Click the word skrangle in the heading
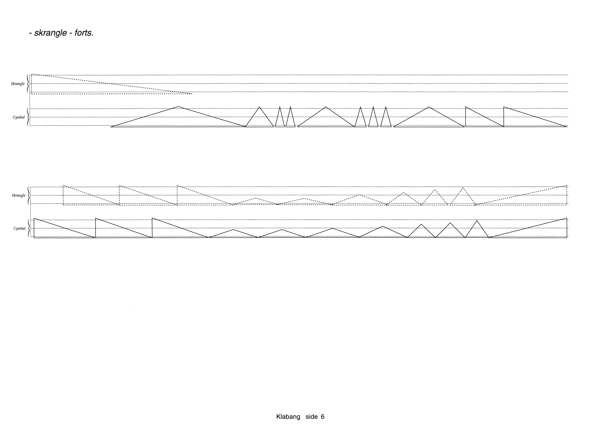(x=50, y=33)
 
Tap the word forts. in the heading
(x=84, y=33)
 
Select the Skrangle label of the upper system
(x=18, y=84)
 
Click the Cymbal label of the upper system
(x=19, y=117)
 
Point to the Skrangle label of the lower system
(x=18, y=195)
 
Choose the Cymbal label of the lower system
(x=20, y=228)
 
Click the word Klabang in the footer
(x=288, y=417)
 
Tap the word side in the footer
(x=312, y=417)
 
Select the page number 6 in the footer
(x=323, y=417)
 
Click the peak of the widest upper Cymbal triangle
(x=178, y=107)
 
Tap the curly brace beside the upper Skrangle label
(x=27, y=84)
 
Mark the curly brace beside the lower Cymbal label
(x=28, y=228)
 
